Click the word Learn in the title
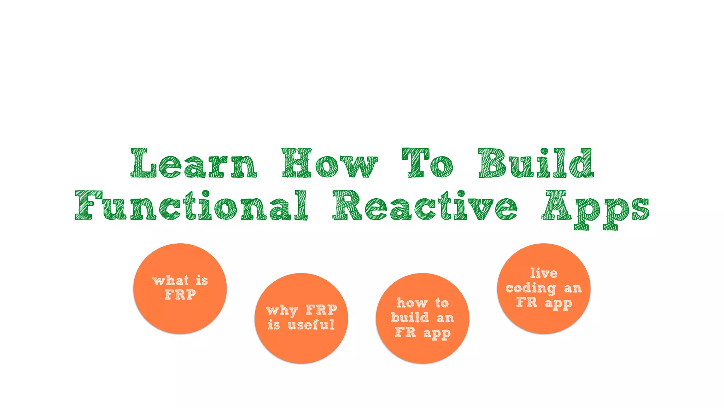[x=194, y=164]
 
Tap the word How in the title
[x=329, y=164]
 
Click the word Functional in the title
[x=191, y=205]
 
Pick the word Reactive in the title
[x=424, y=205]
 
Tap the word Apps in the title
[x=595, y=209]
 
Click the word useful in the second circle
[x=311, y=325]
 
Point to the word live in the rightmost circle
[x=544, y=273]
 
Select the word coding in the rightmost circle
[x=531, y=289]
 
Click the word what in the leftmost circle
[x=170, y=280]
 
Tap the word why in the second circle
[x=282, y=311]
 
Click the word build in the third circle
[x=410, y=317]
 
